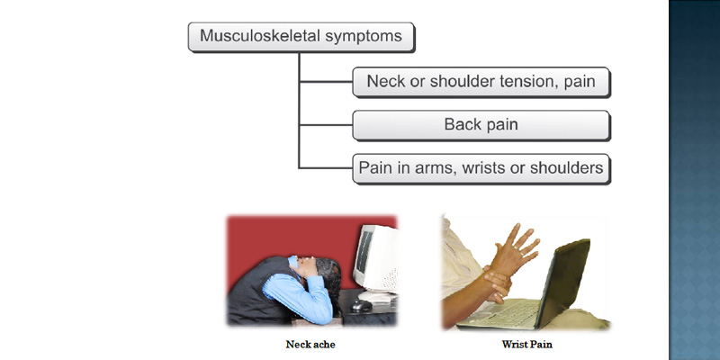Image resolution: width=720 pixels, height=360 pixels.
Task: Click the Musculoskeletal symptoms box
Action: pyautogui.click(x=301, y=37)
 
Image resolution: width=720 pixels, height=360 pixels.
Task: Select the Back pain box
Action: pyautogui.click(x=481, y=125)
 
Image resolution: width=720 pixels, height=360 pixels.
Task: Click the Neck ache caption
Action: pyautogui.click(x=310, y=344)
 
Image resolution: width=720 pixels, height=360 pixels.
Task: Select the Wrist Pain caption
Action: pyautogui.click(x=527, y=344)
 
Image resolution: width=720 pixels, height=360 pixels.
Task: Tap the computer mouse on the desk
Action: pyautogui.click(x=362, y=306)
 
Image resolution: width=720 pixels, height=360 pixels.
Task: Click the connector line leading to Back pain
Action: pyautogui.click(x=326, y=125)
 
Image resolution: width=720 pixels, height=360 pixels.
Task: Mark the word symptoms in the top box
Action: pyautogui.click(x=364, y=36)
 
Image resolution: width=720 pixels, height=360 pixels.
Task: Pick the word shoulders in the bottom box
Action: pyautogui.click(x=567, y=167)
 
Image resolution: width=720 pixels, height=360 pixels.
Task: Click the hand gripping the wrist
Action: pyautogui.click(x=496, y=283)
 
